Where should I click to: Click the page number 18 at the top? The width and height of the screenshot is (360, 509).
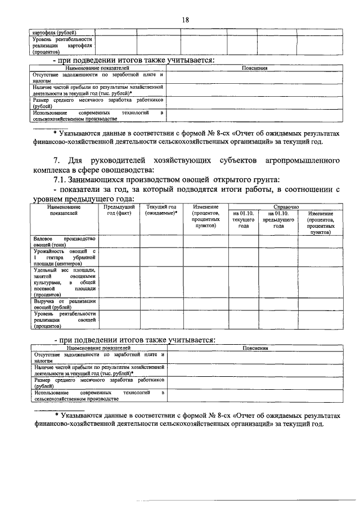[184, 20]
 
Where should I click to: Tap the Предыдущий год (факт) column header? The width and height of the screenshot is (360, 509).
[119, 210]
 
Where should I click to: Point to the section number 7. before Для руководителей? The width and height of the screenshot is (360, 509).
[56, 161]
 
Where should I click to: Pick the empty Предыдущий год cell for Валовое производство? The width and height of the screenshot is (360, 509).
[119, 242]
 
